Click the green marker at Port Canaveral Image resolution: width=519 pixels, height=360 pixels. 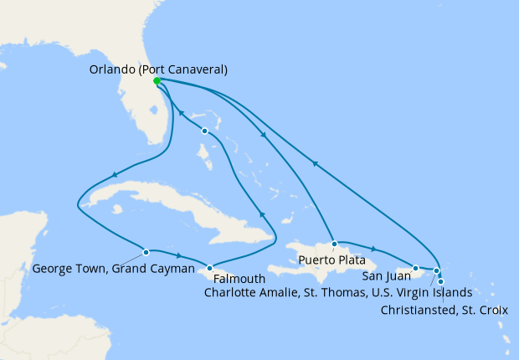(x=157, y=81)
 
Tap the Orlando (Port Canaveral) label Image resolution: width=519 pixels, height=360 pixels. (x=158, y=69)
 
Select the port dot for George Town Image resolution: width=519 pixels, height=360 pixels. (x=146, y=251)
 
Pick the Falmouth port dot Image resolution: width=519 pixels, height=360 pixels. (x=209, y=267)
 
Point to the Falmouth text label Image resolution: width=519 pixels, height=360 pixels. (x=239, y=278)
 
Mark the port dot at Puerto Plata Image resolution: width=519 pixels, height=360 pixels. (x=334, y=244)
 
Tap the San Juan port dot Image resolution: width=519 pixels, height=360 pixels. (x=416, y=268)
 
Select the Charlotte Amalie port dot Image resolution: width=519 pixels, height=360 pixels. (x=436, y=270)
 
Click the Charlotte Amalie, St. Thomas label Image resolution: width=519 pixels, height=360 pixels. (x=336, y=293)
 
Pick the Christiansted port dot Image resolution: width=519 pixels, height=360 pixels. (x=441, y=281)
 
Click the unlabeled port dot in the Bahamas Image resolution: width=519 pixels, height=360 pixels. (x=204, y=131)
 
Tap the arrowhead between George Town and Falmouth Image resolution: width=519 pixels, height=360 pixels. (x=179, y=255)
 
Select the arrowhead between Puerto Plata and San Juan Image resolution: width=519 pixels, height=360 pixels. (x=373, y=249)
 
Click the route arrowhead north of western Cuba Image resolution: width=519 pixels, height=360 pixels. (x=112, y=175)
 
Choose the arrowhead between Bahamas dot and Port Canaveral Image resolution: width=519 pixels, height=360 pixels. (x=182, y=116)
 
